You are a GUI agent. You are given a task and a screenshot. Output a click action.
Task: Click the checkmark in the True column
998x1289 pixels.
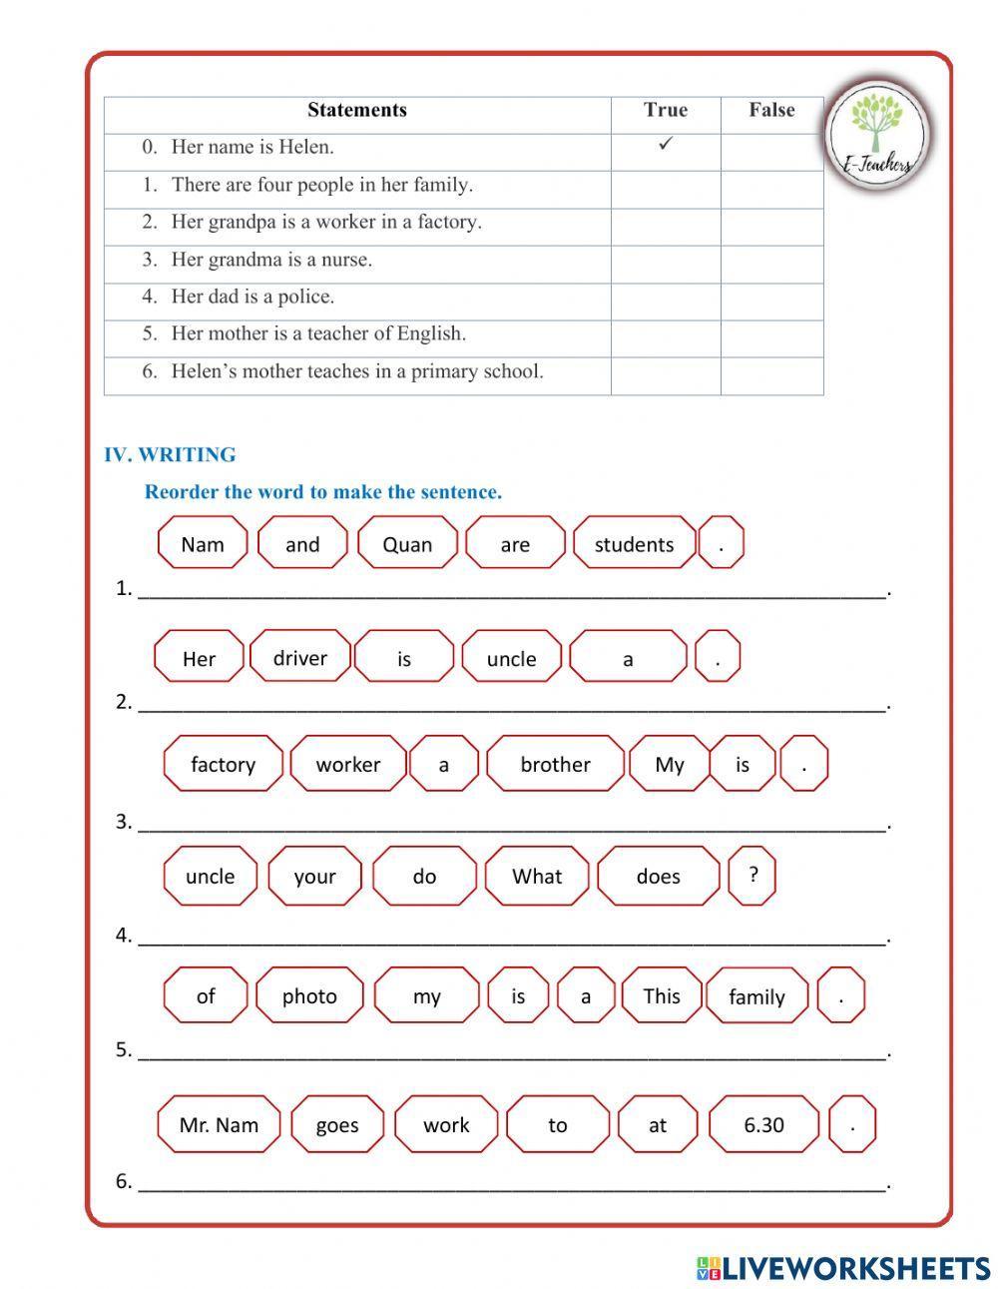tap(666, 145)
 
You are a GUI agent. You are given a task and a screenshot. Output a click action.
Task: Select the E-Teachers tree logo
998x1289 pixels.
tap(877, 134)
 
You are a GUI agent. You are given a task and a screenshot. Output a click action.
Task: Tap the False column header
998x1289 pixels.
tap(771, 111)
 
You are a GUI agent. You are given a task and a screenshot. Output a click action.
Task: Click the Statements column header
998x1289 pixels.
tap(356, 111)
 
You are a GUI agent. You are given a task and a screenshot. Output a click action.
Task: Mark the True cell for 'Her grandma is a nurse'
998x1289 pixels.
tap(666, 261)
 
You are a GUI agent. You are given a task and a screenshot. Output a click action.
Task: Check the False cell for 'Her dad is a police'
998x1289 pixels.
tap(771, 298)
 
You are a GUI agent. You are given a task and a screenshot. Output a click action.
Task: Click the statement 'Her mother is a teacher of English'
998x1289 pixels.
tap(318, 334)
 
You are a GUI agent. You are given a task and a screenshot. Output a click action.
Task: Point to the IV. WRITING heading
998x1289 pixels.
tap(170, 455)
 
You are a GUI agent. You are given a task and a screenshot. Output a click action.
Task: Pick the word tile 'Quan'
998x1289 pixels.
tap(407, 544)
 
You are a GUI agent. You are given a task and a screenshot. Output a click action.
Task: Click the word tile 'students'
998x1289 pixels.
tap(634, 544)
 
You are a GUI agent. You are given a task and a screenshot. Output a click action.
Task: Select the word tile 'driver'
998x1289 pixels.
tap(299, 657)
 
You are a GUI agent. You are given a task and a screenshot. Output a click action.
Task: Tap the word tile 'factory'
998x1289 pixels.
tap(223, 765)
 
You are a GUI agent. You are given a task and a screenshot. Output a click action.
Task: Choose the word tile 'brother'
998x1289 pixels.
tap(555, 765)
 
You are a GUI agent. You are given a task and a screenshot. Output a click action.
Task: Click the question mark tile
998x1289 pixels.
tap(752, 876)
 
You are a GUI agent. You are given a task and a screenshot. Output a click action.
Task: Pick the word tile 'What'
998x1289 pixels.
tap(537, 877)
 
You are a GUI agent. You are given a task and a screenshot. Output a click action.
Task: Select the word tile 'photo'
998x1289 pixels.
tap(309, 996)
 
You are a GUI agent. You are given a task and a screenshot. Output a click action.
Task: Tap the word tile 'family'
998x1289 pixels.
tap(756, 996)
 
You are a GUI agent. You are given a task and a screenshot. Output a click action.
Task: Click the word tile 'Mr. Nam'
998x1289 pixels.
tap(219, 1125)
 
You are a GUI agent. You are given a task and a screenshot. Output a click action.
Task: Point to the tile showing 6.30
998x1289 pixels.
tap(763, 1125)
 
